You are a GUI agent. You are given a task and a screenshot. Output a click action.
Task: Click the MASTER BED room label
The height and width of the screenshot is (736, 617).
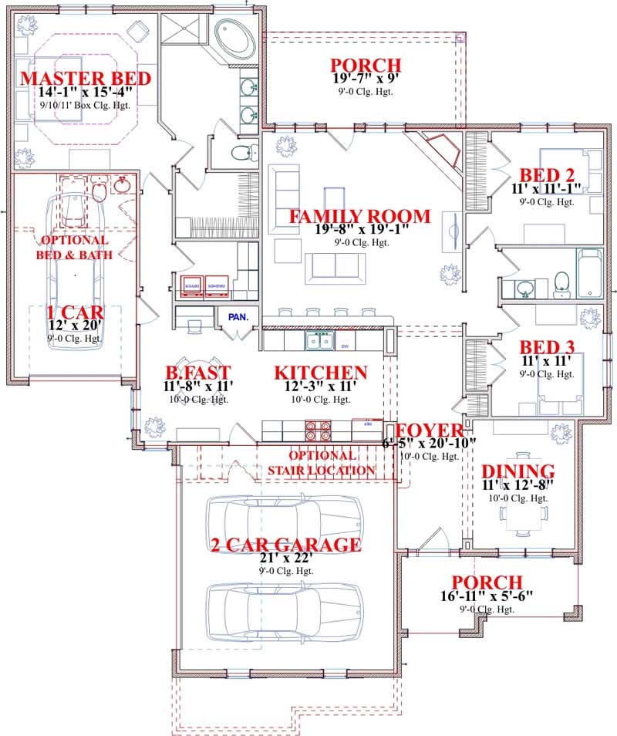coord(75,79)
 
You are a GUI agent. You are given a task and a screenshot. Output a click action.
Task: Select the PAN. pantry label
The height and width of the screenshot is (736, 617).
coord(235,316)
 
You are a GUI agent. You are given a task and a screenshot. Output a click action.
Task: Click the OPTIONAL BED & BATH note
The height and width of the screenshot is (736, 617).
coord(75,247)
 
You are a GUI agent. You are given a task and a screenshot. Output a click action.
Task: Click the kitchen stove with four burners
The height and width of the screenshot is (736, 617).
coord(319,430)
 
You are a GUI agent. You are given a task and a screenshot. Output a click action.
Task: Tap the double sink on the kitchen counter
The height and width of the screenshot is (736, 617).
coord(319,339)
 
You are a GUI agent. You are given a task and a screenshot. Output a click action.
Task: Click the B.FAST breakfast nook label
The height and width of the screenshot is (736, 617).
coord(187,373)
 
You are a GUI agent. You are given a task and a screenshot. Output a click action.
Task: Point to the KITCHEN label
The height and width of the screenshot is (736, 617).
coord(321,373)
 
